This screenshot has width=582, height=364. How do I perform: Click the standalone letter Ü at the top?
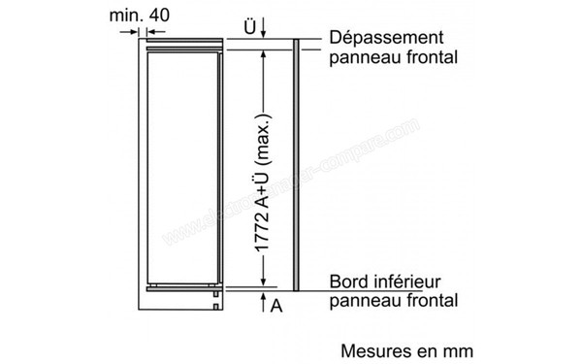click(250, 27)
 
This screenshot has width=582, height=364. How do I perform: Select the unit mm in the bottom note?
click(456, 347)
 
